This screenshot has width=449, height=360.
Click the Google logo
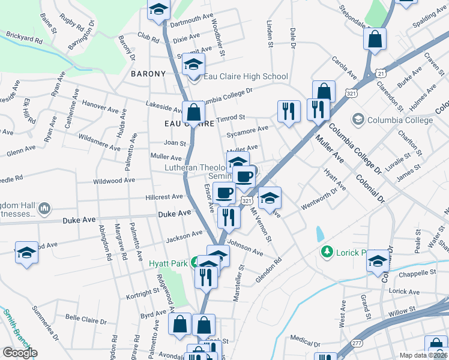click(x=20, y=353)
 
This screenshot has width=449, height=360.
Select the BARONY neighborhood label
click(x=148, y=74)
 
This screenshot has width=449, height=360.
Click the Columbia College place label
click(x=409, y=120)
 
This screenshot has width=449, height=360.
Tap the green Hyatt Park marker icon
click(x=195, y=262)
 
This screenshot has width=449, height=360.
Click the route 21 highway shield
click(x=381, y=73)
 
